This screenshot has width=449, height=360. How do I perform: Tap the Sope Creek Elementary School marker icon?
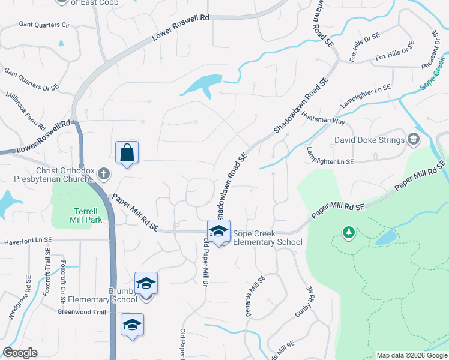click(x=218, y=231)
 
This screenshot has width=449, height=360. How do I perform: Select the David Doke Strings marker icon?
click(x=413, y=139)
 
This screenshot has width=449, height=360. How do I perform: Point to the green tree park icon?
click(x=349, y=232)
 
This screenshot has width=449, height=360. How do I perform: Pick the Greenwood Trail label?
click(x=82, y=312)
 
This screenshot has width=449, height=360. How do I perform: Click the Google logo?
click(x=20, y=353)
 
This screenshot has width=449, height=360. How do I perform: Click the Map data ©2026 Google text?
click(x=411, y=355)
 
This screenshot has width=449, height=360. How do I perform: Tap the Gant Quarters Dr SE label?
click(x=31, y=79)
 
